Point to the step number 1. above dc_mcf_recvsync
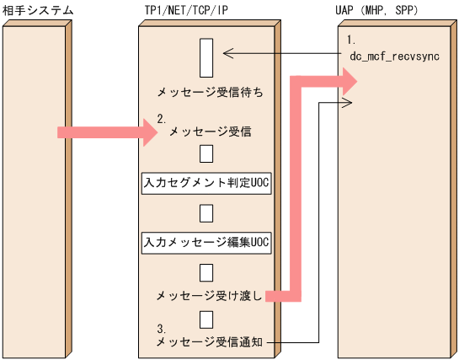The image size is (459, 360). tap(351, 40)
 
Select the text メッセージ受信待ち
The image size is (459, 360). tap(205, 91)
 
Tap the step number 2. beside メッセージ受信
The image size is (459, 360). tap(162, 119)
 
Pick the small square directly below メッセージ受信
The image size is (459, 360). tap(205, 153)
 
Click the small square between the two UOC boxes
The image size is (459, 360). tap(205, 211)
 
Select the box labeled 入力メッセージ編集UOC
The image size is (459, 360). tap(205, 242)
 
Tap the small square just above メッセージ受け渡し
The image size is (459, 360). tap(205, 271)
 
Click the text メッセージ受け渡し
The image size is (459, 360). tap(209, 296)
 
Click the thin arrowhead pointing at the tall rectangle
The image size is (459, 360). tap(227, 54)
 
